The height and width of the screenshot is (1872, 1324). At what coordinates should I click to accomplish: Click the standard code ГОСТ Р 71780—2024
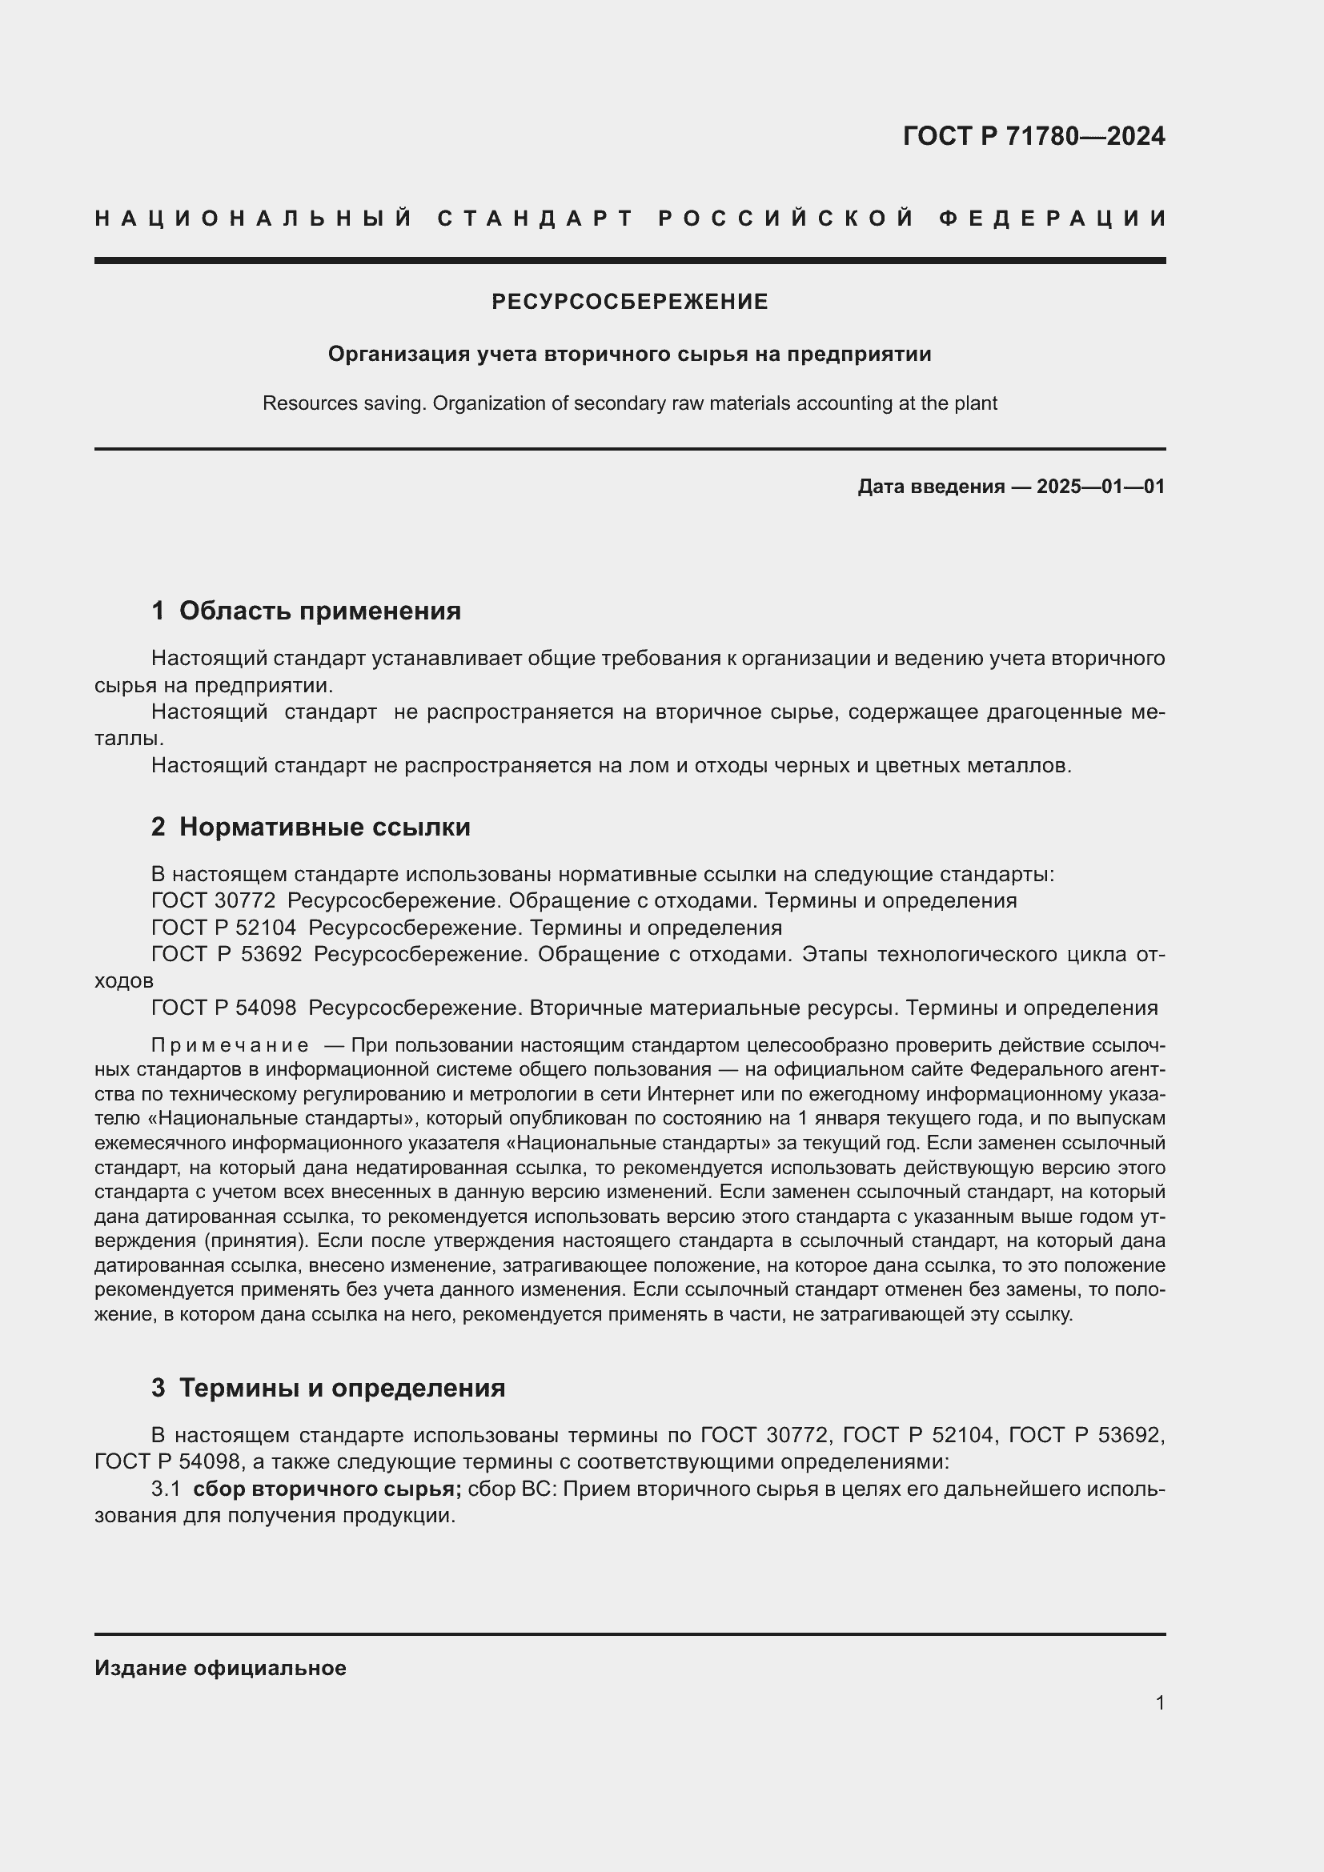pyautogui.click(x=1033, y=136)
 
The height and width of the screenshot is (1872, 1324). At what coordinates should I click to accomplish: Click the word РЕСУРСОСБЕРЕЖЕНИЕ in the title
pyautogui.click(x=629, y=303)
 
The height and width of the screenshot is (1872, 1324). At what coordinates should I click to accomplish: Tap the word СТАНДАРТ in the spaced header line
pyautogui.click(x=536, y=218)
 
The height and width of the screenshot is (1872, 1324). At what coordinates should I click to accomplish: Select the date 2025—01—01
pyautogui.click(x=1100, y=487)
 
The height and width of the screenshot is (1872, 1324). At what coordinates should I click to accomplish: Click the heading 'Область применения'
pyautogui.click(x=319, y=611)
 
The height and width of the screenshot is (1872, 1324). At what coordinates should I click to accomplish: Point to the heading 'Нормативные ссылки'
pyautogui.click(x=324, y=827)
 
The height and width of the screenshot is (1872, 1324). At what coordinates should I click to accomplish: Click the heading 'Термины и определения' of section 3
pyautogui.click(x=342, y=1388)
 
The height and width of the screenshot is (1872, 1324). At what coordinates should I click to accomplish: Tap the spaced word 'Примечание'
pyautogui.click(x=230, y=1045)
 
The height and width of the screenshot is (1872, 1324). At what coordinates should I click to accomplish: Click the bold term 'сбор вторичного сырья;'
pyautogui.click(x=327, y=1489)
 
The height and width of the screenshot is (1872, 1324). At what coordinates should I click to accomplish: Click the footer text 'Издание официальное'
pyautogui.click(x=220, y=1668)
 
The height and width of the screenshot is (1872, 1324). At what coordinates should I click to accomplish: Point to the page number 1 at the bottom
pyautogui.click(x=1159, y=1702)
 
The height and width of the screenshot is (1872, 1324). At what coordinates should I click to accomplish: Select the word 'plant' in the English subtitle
pyautogui.click(x=976, y=403)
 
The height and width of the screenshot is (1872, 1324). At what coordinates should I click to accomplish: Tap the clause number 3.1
pyautogui.click(x=166, y=1489)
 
